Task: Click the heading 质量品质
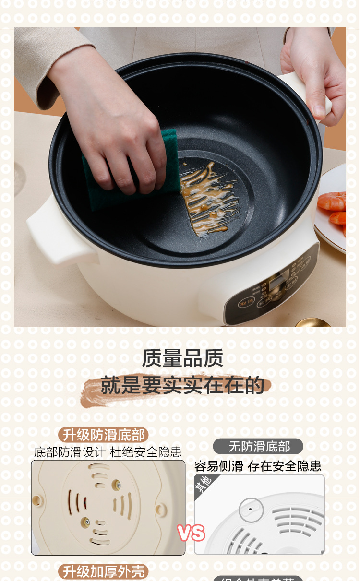pos(182,358)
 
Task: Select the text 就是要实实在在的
pos(182,385)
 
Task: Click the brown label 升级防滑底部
pos(104,435)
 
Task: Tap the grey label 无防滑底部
pos(259,447)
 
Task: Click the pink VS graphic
pos(191,533)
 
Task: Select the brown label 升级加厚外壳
pos(104,571)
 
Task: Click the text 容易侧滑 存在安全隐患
pos(258,466)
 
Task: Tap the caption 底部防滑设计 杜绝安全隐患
pos(108,452)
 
